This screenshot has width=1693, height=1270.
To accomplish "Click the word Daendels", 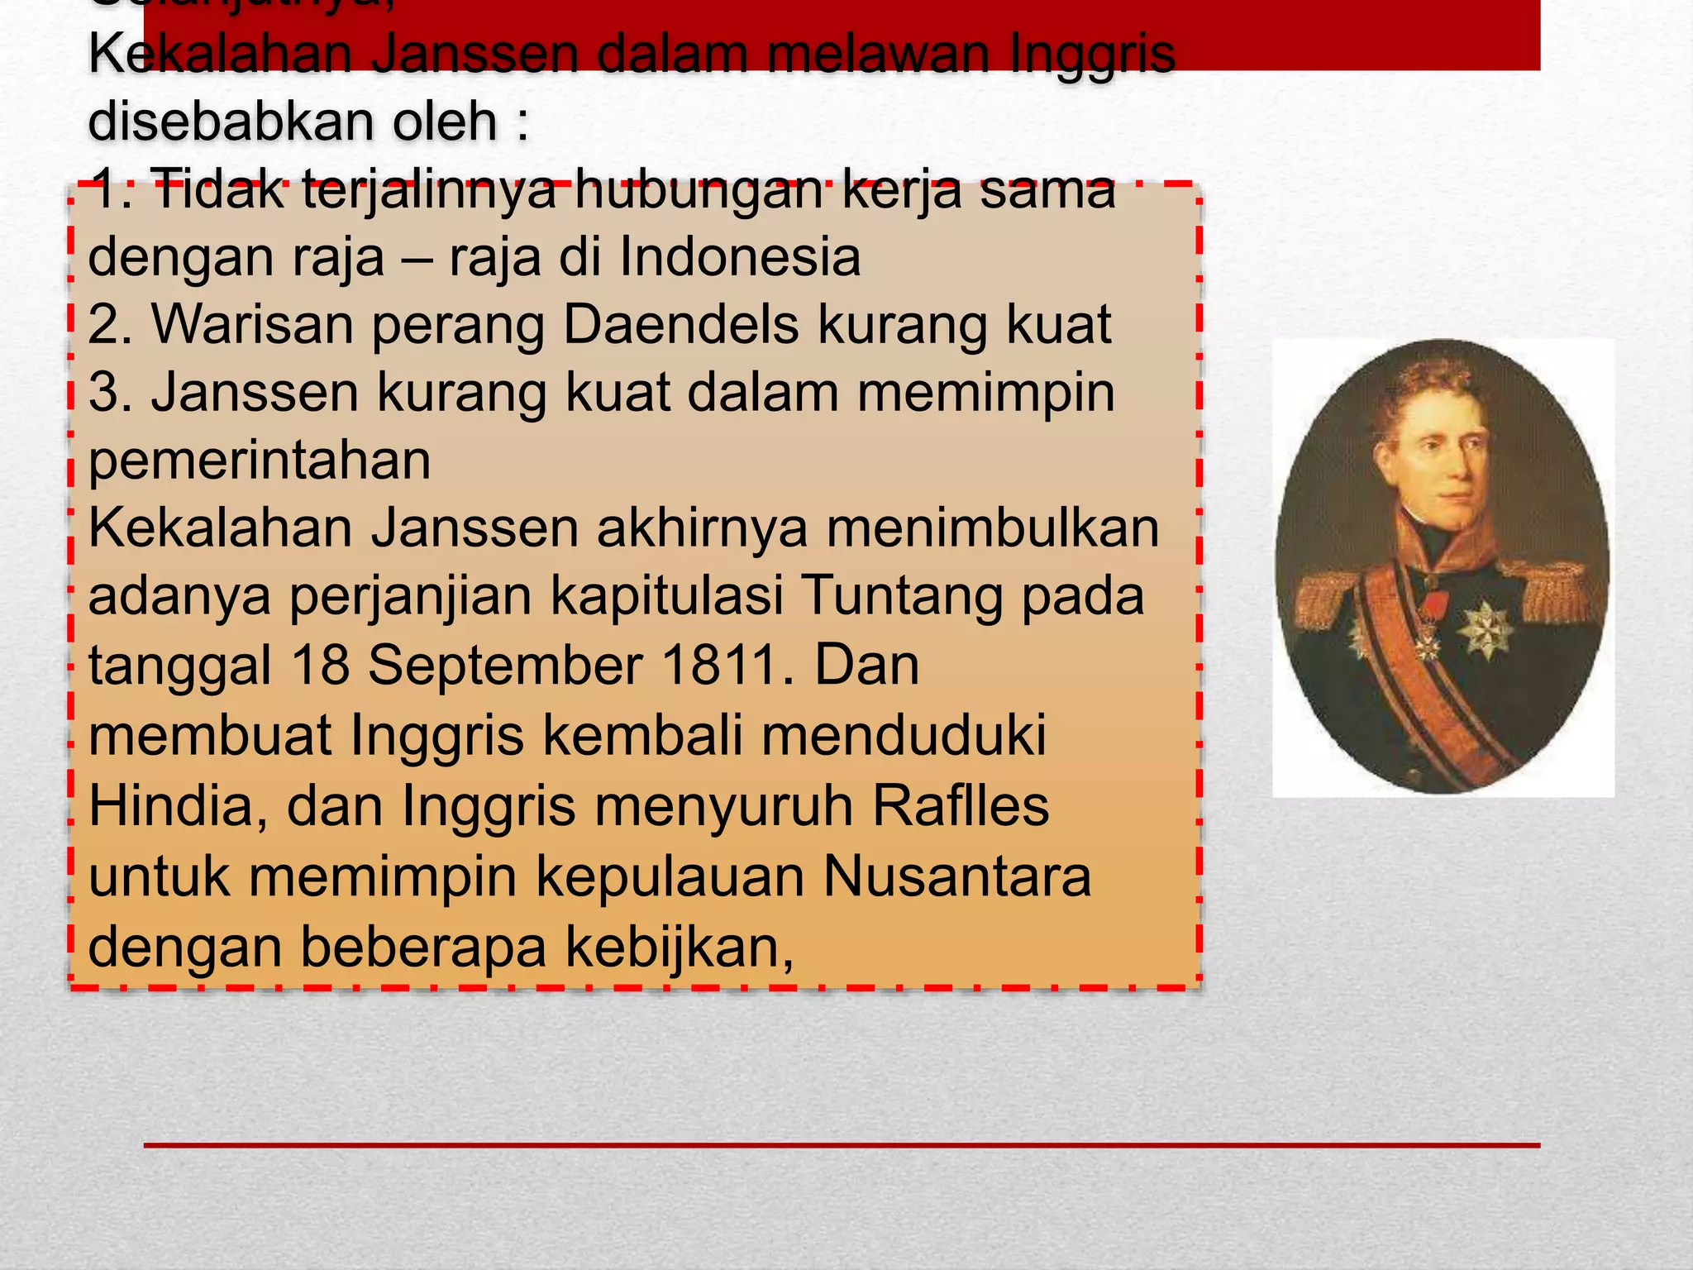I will [x=681, y=324].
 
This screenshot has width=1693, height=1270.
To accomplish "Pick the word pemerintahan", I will [x=260, y=460].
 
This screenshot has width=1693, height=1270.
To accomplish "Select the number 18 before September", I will [x=321, y=665].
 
